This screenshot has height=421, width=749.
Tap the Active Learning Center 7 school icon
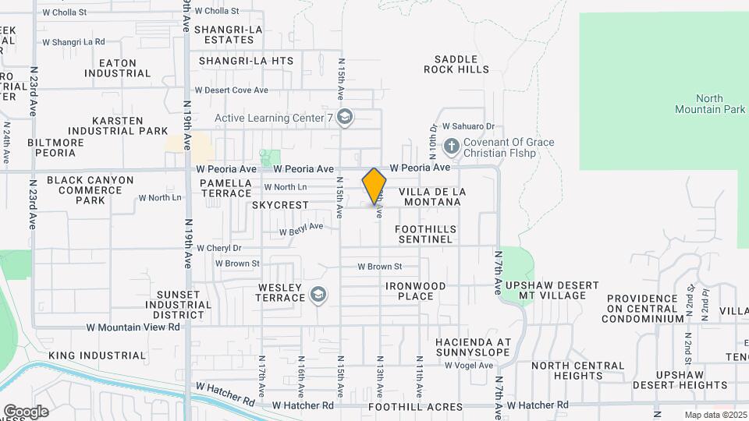[346, 118]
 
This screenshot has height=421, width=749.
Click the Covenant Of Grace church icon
[450, 146]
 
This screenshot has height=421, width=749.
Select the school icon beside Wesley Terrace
[318, 295]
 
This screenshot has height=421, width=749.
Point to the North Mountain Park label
[709, 104]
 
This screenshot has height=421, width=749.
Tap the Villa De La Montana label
[432, 196]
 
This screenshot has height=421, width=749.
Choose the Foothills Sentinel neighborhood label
[424, 234]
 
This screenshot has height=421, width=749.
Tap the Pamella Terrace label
[225, 188]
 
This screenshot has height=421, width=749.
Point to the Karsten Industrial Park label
[118, 126]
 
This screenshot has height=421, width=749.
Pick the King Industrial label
[97, 356]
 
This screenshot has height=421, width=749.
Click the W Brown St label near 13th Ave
[379, 267]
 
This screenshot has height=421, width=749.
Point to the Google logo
[26, 411]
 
